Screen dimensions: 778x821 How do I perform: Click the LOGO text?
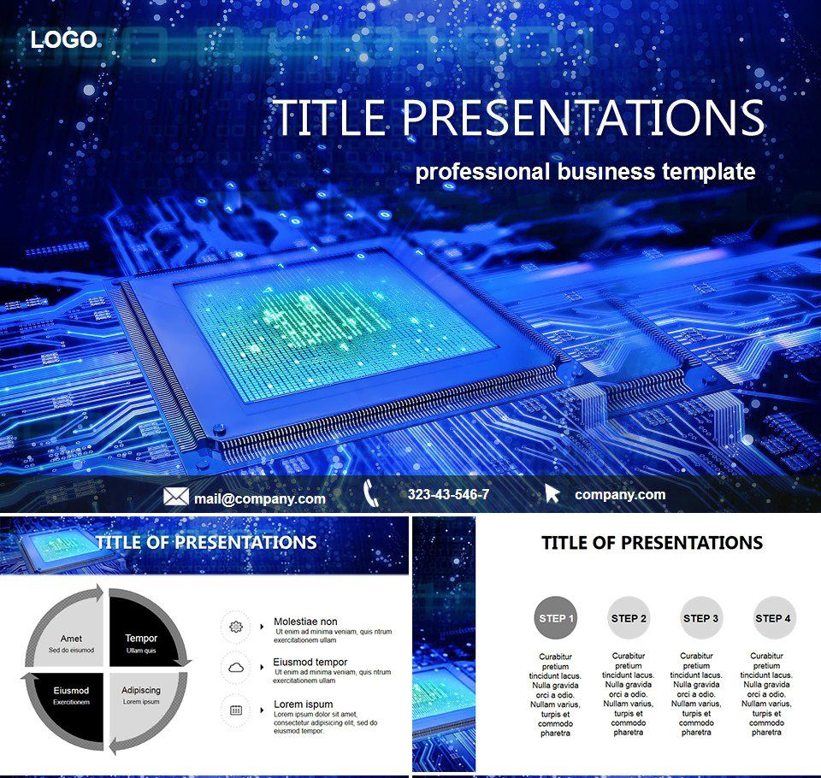tap(63, 39)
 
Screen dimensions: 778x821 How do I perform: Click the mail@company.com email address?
tap(259, 498)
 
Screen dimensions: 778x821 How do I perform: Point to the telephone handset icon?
tap(370, 493)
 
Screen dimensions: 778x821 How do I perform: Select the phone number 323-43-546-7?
tap(448, 494)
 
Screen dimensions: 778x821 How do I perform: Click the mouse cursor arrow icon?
tap(552, 494)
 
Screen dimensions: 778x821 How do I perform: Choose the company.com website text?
tap(619, 494)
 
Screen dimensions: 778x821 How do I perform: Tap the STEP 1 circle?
tap(556, 618)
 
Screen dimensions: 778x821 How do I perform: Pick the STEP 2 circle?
tap(629, 618)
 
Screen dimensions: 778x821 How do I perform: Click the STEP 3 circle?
tap(700, 618)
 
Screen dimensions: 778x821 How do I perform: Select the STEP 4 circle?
tap(773, 618)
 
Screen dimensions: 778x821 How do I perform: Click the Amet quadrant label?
tap(71, 639)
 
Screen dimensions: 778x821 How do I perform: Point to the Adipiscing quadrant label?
tap(141, 691)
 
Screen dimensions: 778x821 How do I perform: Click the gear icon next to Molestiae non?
tap(236, 627)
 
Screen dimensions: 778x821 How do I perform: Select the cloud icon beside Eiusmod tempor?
tap(236, 667)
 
